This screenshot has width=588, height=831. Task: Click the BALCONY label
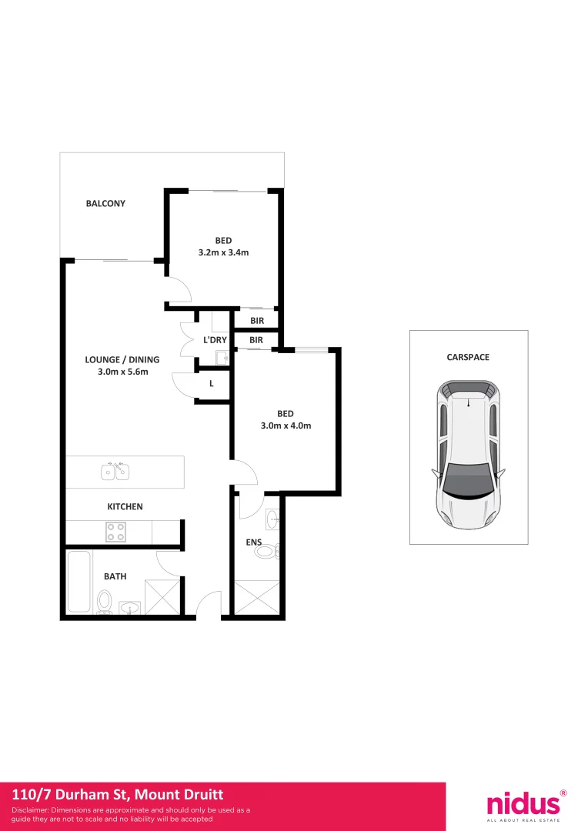click(x=105, y=204)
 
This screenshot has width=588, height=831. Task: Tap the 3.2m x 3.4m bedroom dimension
click(x=223, y=252)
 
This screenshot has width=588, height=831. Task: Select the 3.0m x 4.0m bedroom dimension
click(x=286, y=426)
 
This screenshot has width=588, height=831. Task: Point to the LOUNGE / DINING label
click(x=122, y=359)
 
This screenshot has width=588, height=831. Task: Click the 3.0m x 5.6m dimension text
click(x=122, y=372)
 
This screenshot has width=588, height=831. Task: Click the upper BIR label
click(x=256, y=321)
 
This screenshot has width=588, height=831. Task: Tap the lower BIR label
click(x=256, y=340)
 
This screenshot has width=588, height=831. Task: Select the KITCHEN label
click(x=125, y=507)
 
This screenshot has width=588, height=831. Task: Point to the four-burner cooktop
click(x=115, y=532)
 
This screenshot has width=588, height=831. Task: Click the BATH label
click(x=115, y=576)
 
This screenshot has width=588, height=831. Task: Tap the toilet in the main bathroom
click(x=105, y=601)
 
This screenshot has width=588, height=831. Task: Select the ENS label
click(x=254, y=542)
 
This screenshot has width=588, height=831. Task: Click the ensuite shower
click(x=256, y=599)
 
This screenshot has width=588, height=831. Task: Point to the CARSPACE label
click(x=468, y=358)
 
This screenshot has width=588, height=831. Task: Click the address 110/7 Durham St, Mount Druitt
click(x=118, y=795)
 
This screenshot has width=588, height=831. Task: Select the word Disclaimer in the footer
click(x=31, y=810)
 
